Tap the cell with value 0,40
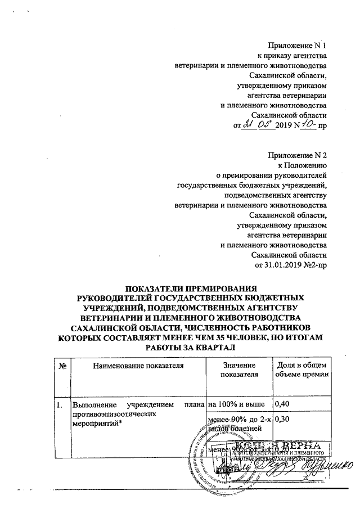point(282,404)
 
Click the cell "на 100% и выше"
point(236,404)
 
